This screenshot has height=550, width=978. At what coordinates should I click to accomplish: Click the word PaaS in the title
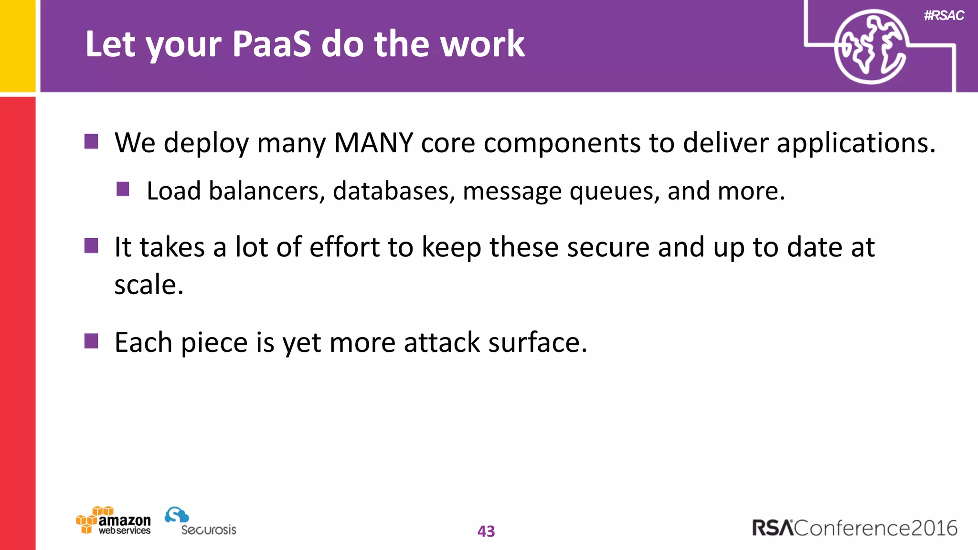271,44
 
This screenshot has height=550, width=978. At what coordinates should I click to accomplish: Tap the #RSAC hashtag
944,16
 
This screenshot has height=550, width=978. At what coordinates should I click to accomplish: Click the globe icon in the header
871,47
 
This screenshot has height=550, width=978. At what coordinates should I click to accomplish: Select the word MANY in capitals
373,143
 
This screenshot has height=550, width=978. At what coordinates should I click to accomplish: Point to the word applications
856,143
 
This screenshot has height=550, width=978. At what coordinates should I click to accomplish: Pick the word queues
615,192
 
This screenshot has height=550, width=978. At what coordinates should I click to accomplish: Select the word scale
149,285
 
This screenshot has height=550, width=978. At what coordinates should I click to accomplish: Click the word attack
442,342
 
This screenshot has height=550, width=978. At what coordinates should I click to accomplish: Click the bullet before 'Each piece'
91,341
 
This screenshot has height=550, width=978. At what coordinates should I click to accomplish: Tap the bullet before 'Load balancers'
123,189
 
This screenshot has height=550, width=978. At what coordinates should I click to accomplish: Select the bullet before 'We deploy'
91,141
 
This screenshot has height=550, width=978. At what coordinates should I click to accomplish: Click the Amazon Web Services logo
114,521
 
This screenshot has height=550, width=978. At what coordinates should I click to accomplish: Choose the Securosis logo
201,522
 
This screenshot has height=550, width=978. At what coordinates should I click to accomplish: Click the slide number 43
486,531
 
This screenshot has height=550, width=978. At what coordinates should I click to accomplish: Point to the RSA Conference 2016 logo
854,528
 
